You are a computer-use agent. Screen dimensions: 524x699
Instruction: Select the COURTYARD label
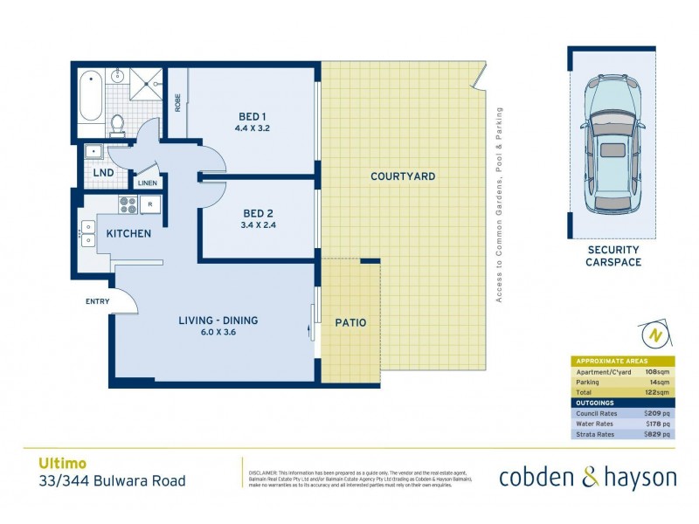[403, 176]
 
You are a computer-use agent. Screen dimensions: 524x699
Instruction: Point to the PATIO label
[350, 323]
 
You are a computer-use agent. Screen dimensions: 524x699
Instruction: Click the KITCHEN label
[128, 234]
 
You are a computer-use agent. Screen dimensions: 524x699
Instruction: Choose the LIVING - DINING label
[218, 321]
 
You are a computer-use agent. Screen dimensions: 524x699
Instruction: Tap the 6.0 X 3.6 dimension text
[218, 332]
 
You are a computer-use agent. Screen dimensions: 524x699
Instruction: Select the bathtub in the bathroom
[90, 98]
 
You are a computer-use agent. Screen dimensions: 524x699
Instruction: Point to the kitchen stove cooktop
[127, 207]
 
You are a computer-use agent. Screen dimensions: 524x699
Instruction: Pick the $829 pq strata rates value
[657, 433]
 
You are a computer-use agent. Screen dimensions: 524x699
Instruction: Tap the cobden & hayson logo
[587, 477]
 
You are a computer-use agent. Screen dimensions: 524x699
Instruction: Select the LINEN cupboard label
[147, 183]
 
